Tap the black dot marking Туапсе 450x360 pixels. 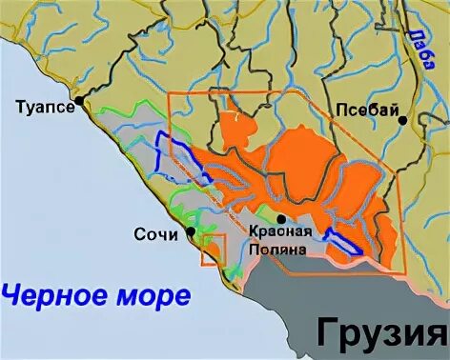[x=81, y=99]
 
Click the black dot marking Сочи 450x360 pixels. [x=192, y=230]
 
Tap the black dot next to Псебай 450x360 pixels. [x=403, y=120]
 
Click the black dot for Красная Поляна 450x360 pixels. [x=280, y=218]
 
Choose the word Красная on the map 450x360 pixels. [x=280, y=233]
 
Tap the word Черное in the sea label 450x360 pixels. [x=47, y=294]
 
